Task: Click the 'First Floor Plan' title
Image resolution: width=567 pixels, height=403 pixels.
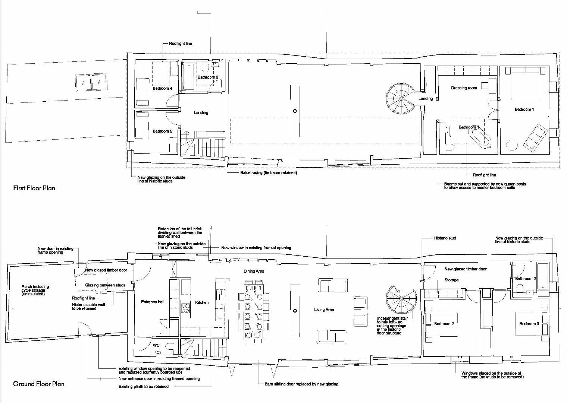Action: coord(34,188)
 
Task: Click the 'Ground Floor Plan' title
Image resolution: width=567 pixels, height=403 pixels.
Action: coord(39,384)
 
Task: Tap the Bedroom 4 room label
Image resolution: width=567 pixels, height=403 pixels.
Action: coord(162,89)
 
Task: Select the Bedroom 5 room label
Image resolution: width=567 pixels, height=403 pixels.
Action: coord(162,131)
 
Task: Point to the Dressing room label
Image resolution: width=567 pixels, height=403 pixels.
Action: coord(464,88)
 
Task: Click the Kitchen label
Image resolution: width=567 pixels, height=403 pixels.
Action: coord(202,302)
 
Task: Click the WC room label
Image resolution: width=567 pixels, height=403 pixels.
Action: coord(156,345)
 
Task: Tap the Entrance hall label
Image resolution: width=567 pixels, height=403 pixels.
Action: coord(153,302)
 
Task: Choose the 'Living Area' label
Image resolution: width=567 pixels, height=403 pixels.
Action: coord(324,310)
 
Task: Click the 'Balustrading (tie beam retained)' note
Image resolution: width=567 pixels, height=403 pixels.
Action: coord(269,173)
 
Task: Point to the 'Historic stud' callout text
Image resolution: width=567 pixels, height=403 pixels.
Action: coord(445,238)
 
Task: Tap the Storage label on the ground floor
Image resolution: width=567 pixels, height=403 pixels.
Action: coord(451,280)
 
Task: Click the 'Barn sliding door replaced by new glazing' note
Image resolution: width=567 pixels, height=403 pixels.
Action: coord(299,384)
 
